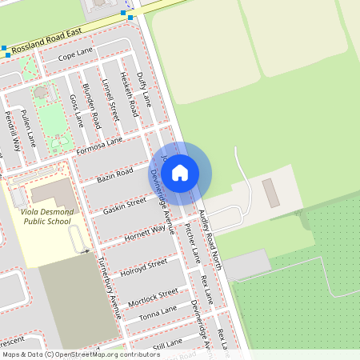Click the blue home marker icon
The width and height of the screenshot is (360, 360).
pyautogui.click(x=180, y=173)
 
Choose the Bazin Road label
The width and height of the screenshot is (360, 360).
pyautogui.click(x=114, y=175)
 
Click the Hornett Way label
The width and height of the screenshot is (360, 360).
pyautogui.click(x=146, y=232)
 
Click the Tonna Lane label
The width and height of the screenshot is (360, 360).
pyautogui.click(x=158, y=313)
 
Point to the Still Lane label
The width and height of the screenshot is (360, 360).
pyautogui.click(x=166, y=344)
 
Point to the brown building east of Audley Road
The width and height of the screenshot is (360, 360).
pyautogui.click(x=271, y=193)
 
